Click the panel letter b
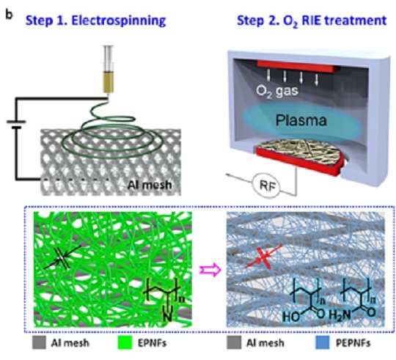coord(9,15)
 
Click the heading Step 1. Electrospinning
coord(96,21)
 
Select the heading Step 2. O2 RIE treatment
coord(312,21)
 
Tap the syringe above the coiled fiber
coord(109,70)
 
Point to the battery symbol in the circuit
coord(16,125)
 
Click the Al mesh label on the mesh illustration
coord(150,185)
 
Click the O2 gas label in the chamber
coord(277,91)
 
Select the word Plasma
coord(301,120)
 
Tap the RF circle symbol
coord(267,186)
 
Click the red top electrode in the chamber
coord(298,67)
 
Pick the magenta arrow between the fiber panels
coord(210,270)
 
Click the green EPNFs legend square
coord(125,342)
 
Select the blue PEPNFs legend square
coord(323,342)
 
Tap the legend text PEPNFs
coord(353,343)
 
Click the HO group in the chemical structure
coord(291,316)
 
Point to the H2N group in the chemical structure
coord(340,315)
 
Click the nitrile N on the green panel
coord(168,316)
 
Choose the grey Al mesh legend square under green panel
coord(39,342)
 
